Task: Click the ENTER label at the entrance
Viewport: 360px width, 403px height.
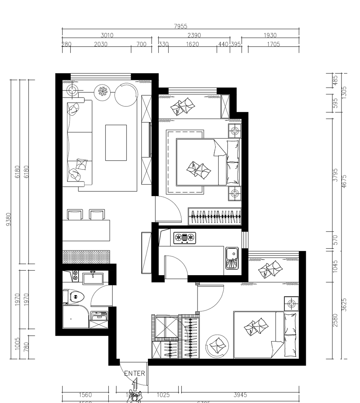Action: coord(134,373)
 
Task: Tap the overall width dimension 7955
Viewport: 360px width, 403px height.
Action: coord(180,26)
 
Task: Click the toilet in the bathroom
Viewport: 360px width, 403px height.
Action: coord(76,297)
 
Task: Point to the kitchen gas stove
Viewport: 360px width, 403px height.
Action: coord(184,238)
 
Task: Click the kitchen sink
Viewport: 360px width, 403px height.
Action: coord(231,258)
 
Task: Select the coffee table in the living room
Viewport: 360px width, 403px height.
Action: coord(116,142)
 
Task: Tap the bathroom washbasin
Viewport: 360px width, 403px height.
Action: coord(93,278)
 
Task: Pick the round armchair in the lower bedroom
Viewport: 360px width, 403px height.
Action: coord(218,345)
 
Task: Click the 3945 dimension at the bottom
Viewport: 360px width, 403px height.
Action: coord(240,395)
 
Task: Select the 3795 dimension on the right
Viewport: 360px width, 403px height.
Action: coord(335,175)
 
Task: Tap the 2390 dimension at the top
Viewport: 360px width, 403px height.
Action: coord(194,35)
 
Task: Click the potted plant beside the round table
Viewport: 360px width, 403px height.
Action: coord(103,91)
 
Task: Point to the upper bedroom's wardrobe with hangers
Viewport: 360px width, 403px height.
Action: coord(215,216)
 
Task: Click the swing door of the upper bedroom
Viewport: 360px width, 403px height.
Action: coord(168,209)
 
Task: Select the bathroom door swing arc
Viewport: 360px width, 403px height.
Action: coord(101,296)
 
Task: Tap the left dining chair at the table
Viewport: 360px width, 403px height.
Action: coord(75,215)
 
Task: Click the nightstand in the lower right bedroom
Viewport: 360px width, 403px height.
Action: coord(291,304)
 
